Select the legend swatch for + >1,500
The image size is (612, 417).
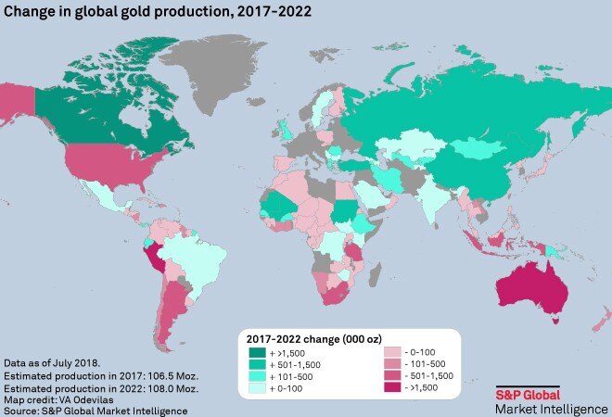(256, 352)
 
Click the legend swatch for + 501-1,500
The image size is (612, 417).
(256, 365)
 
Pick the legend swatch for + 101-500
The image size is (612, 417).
(256, 378)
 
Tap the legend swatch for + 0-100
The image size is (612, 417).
(256, 391)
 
